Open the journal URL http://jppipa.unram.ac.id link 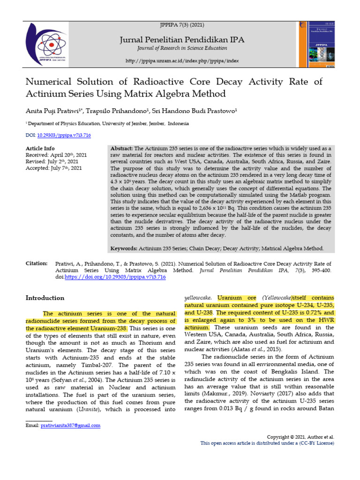pyautogui.click(x=182, y=61)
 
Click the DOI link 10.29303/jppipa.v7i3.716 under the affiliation pyautogui.click(x=64, y=135)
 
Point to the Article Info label pyautogui.click(x=40, y=148)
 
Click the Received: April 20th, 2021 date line pyautogui.click(x=56, y=155)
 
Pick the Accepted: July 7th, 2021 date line pyautogui.click(x=53, y=168)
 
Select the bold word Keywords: pyautogui.click(x=123, y=248)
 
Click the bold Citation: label pyautogui.click(x=37, y=263)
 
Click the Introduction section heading pyautogui.click(x=45, y=298)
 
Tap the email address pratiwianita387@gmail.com pyautogui.click(x=71, y=426)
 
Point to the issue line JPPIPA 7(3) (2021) pyautogui.click(x=182, y=24)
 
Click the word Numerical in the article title pyautogui.click(x=52, y=82)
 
